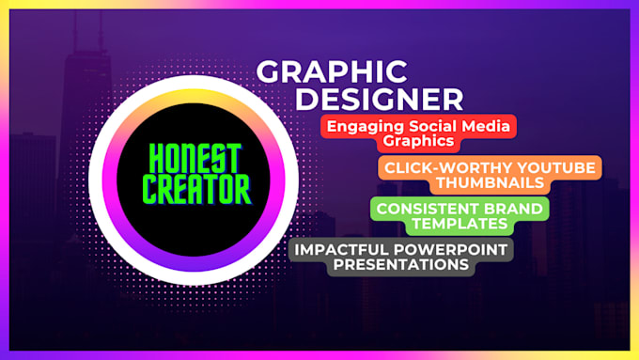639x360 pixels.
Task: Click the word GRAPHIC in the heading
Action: coord(332,71)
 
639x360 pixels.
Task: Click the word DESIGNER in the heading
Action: coord(386,99)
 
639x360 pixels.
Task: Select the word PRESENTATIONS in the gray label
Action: coord(382,266)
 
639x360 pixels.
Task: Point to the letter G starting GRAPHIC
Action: coord(270,72)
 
